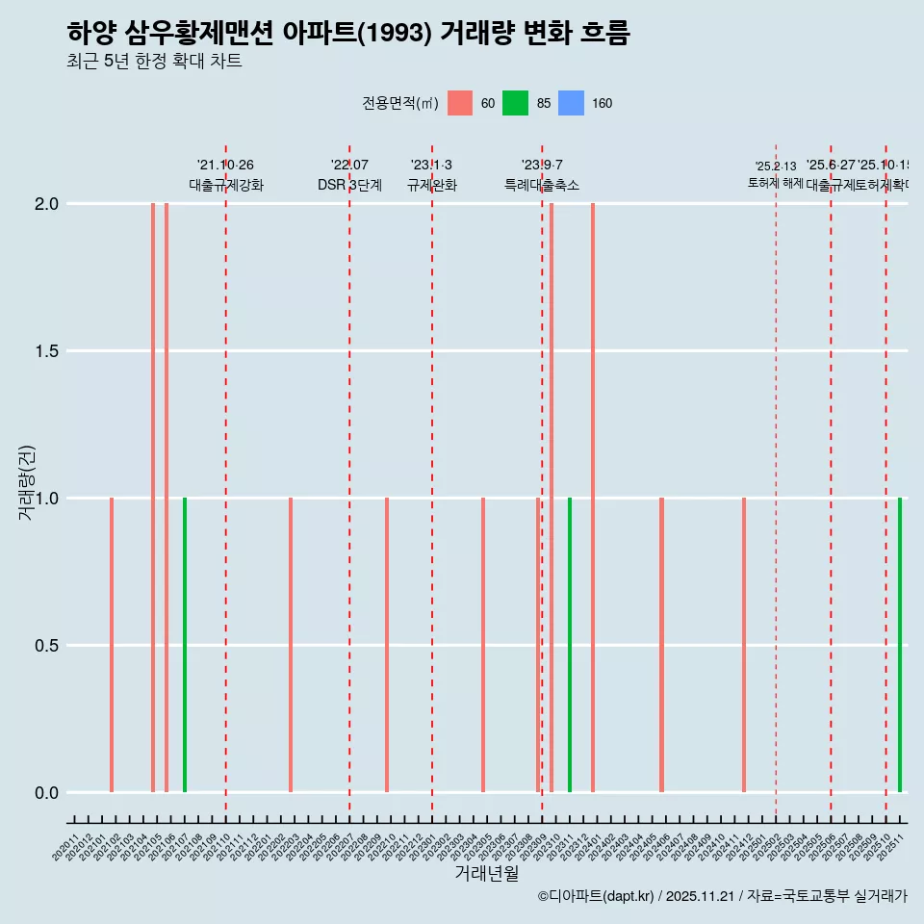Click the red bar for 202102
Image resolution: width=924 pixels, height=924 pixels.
coord(112,645)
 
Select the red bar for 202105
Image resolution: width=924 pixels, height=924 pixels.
coord(153,498)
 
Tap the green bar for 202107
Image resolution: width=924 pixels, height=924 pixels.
coord(185,645)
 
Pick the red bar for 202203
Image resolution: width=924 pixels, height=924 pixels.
coord(291,645)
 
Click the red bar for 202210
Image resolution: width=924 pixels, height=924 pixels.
coord(387,645)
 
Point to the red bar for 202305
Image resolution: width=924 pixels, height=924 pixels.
coord(483,645)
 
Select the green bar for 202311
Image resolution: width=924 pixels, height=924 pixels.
coord(570,645)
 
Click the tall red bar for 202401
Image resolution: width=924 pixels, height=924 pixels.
coord(593,498)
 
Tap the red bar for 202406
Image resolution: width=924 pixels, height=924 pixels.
coord(662,645)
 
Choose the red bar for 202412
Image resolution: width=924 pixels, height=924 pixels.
coord(744,645)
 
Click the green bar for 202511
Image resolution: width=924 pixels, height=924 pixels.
coord(900,645)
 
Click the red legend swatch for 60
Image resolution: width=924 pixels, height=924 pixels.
coord(460,104)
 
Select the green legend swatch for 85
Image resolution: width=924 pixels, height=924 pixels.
coord(516,104)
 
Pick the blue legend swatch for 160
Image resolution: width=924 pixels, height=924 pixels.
coord(572,104)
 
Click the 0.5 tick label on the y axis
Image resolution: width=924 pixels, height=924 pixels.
coord(46,646)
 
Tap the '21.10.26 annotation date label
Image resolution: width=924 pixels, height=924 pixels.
coord(225,166)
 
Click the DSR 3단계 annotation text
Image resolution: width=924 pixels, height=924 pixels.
coord(349,186)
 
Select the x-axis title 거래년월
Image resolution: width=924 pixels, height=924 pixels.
coord(486,874)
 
